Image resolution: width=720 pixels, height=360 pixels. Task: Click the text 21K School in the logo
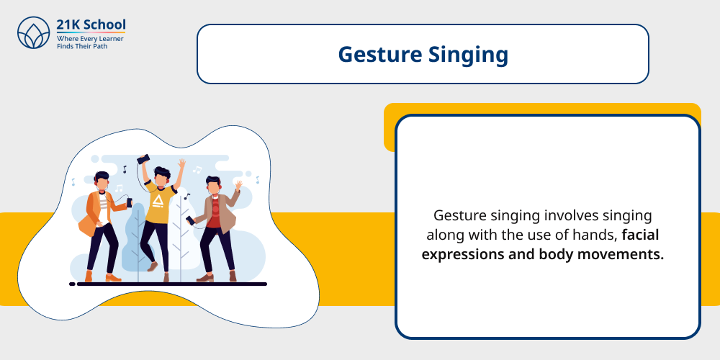pyautogui.click(x=91, y=24)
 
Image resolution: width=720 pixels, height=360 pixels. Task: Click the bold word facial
pyautogui.click(x=646, y=235)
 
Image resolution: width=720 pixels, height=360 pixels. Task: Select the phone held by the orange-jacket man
pyautogui.click(x=129, y=204)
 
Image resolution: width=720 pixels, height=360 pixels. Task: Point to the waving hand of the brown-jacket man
pyautogui.click(x=237, y=186)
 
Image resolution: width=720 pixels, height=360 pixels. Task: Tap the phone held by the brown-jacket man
pyautogui.click(x=189, y=220)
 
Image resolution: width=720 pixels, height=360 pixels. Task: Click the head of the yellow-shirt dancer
pyautogui.click(x=162, y=177)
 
